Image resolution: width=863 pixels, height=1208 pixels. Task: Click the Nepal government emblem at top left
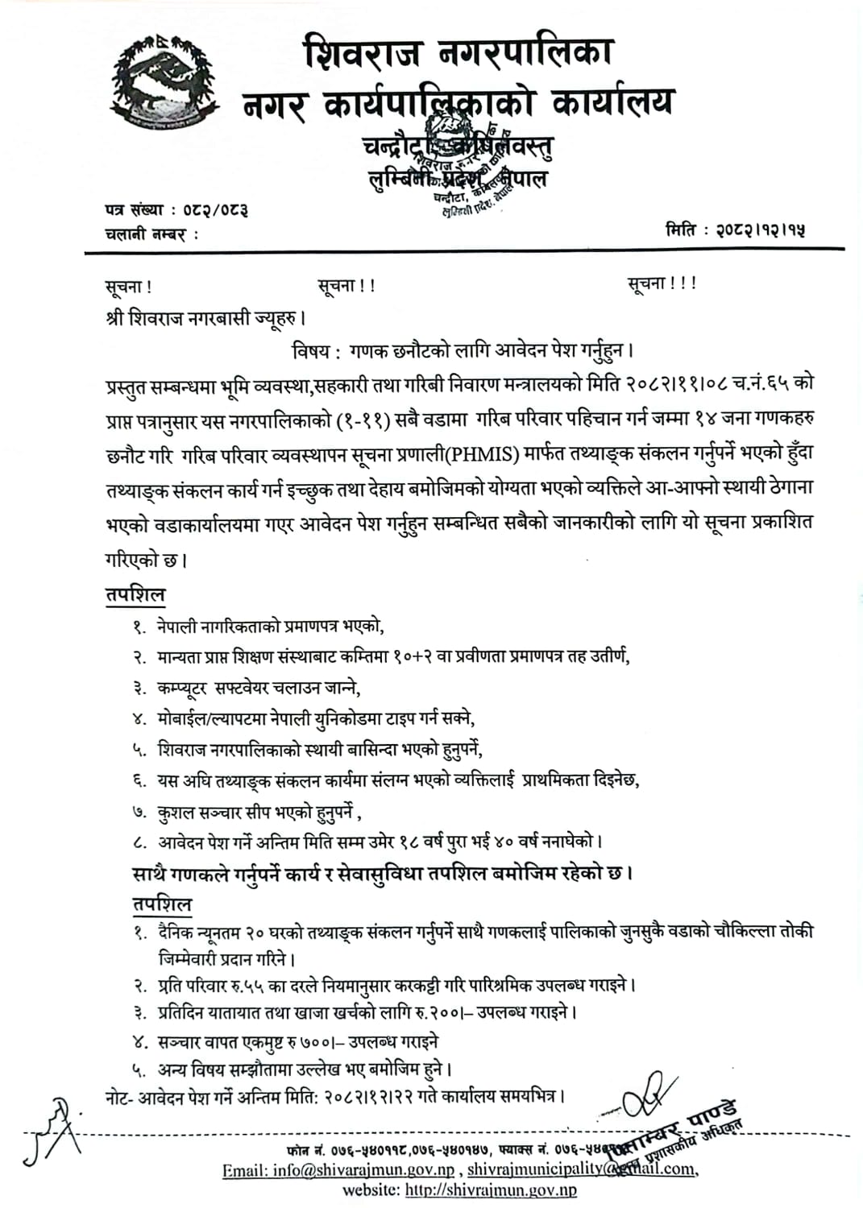click(168, 84)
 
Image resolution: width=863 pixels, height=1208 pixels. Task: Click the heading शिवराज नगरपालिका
click(458, 53)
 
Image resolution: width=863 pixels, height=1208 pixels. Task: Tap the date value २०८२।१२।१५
click(761, 230)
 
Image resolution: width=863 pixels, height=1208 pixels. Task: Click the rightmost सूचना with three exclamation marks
click(662, 283)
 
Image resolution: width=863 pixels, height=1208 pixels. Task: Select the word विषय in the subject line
click(312, 351)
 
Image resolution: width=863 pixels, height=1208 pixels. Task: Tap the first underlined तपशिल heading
click(135, 595)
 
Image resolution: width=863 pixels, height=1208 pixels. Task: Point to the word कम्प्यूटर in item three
click(182, 688)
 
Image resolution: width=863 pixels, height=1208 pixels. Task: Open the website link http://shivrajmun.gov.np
click(490, 1190)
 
